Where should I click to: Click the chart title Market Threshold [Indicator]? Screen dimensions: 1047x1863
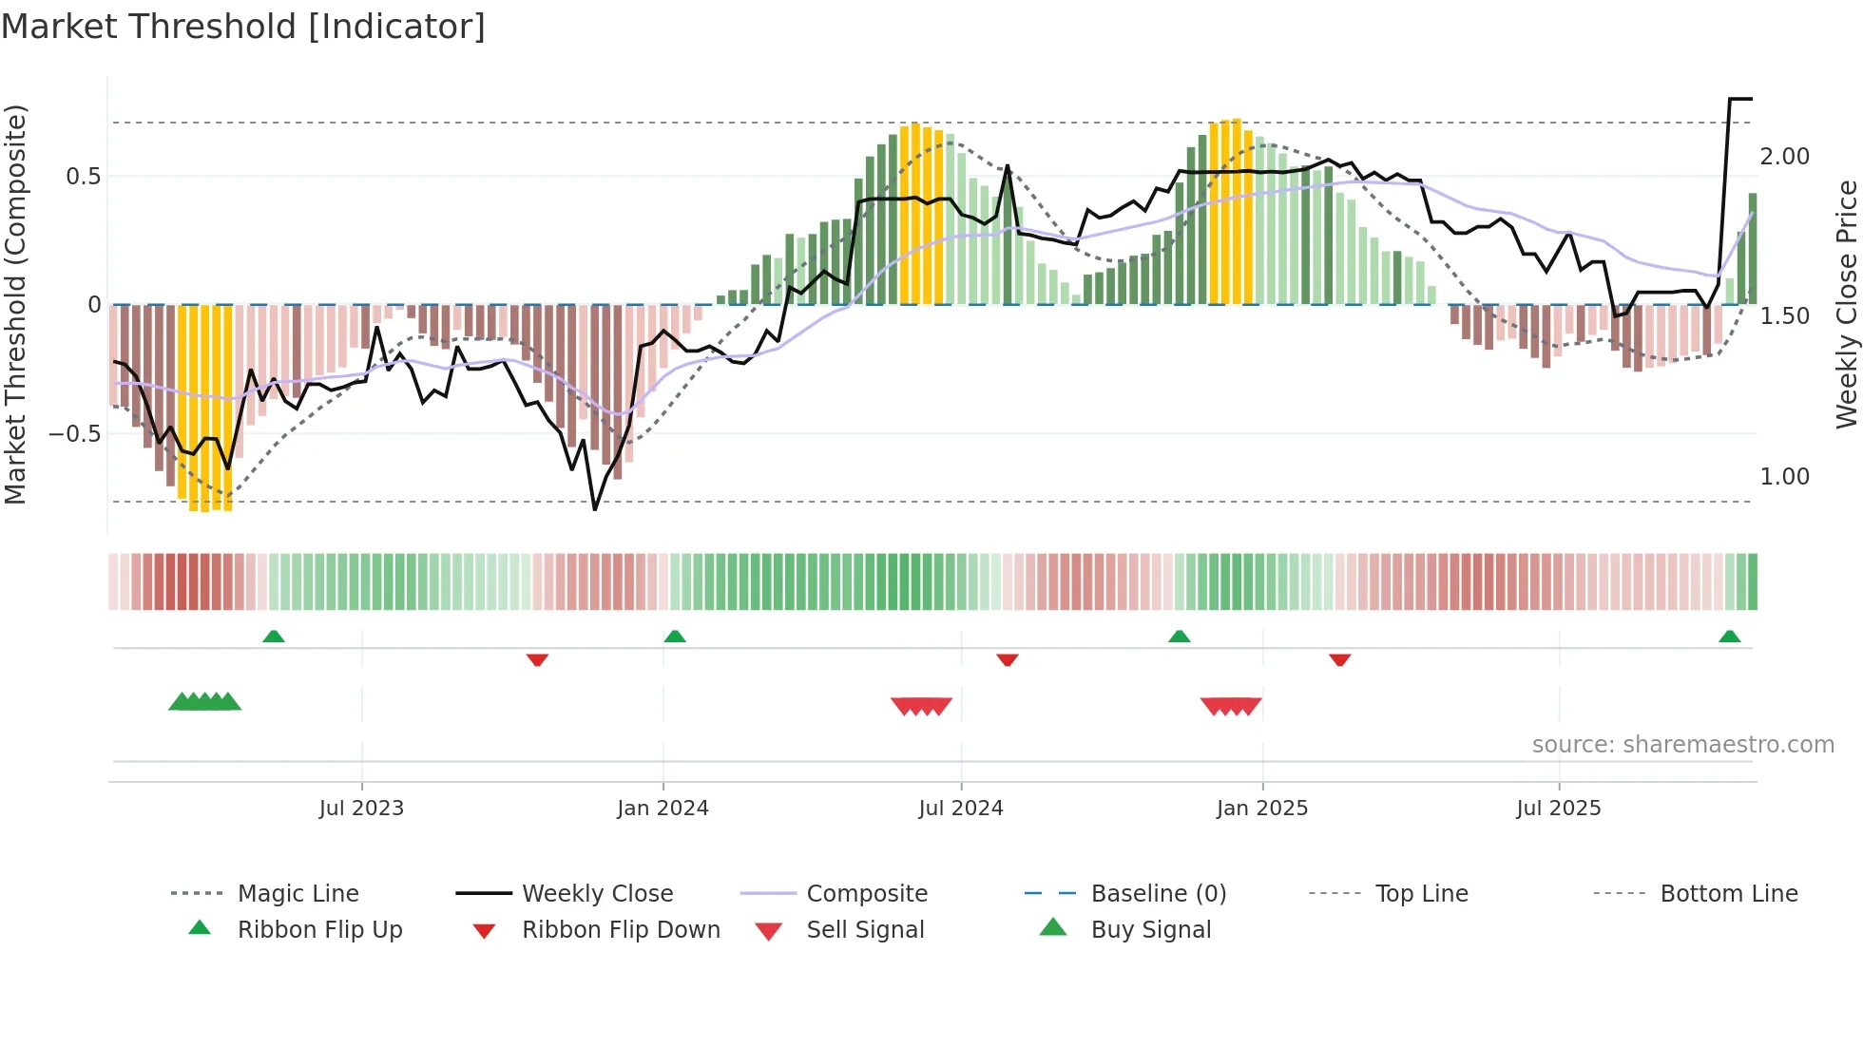[x=243, y=27]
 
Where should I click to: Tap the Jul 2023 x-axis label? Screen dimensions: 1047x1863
[x=361, y=809]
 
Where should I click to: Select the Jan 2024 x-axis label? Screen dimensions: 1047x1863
[x=663, y=809]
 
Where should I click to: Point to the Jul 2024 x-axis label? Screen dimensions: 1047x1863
[x=961, y=809]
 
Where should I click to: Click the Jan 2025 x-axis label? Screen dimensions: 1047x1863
[x=1262, y=809]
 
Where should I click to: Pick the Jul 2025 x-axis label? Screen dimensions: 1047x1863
[x=1559, y=809]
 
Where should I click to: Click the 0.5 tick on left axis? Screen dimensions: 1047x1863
[x=83, y=177]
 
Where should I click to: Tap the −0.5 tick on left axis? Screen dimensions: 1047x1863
[x=75, y=434]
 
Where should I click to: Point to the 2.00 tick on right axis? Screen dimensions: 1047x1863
[x=1784, y=157]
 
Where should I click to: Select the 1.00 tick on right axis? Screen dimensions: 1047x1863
[x=1784, y=477]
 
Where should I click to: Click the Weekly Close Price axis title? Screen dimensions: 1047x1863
[x=1846, y=305]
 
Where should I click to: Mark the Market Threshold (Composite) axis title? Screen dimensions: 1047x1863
[x=15, y=305]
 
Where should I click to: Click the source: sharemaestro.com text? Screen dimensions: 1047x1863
[x=1682, y=745]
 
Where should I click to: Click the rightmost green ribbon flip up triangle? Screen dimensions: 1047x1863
[x=1729, y=637]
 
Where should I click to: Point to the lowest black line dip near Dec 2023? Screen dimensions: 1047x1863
[x=595, y=509]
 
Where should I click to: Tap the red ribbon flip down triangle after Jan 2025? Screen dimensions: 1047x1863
[x=1340, y=659]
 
